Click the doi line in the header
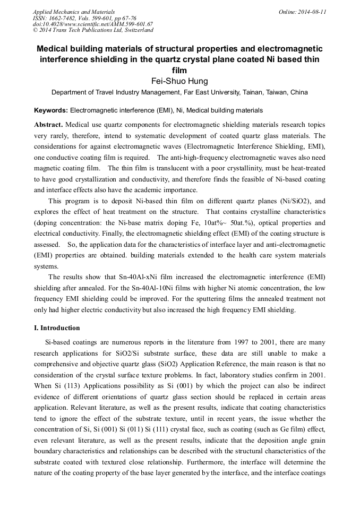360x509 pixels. pyautogui.click(x=92, y=24)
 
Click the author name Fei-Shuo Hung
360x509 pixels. pyautogui.click(x=179, y=81)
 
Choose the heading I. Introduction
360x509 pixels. pyautogui.click(x=57, y=327)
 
